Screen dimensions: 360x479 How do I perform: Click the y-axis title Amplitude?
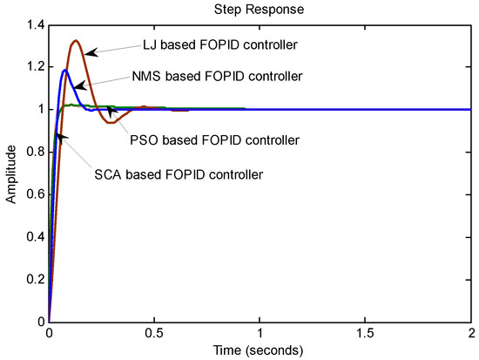[11, 174]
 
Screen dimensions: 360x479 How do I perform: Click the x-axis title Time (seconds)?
[262, 351]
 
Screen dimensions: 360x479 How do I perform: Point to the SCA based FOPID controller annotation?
[178, 173]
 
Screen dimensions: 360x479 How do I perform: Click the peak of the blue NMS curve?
[65, 70]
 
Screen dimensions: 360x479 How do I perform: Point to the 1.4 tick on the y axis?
[33, 25]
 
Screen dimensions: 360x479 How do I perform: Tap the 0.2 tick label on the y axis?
[33, 280]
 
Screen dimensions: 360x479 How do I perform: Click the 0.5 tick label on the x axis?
[156, 334]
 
